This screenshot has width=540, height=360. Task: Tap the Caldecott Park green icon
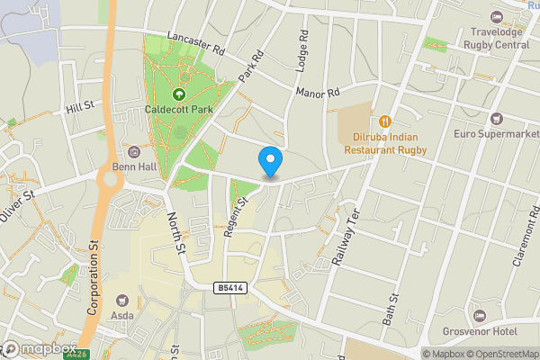pos(178,94)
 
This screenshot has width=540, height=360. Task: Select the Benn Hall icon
pos(135,151)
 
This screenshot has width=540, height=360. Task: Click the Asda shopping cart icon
pos(122,300)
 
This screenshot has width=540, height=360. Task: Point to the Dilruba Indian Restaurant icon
pos(384,121)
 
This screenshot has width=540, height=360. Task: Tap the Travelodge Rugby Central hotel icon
pos(497,18)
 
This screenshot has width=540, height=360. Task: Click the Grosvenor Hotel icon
pos(479,316)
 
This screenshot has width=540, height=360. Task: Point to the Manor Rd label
pos(319,93)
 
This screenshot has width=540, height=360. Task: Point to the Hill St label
pos(79,108)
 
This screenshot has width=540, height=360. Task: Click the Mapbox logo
pos(39,348)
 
